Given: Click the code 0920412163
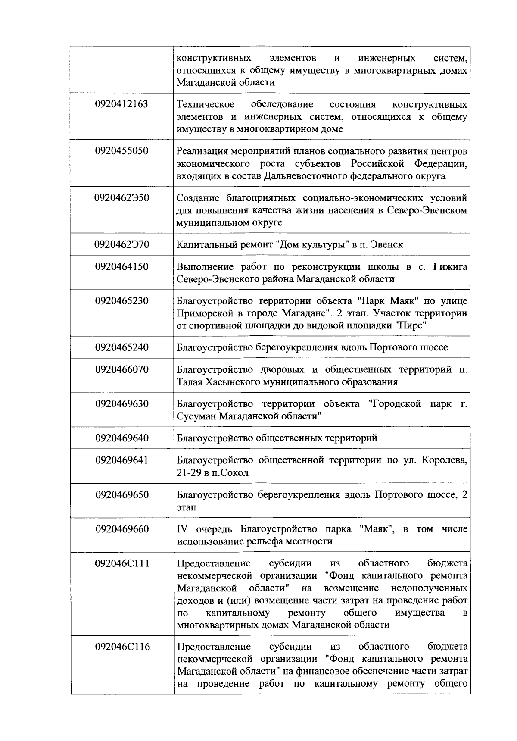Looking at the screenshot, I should (x=122, y=104).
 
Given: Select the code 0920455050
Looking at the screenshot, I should (x=122, y=151).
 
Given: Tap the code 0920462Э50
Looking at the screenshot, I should (x=122, y=198).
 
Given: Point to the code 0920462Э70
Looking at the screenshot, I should (x=122, y=244).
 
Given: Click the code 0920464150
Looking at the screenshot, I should (x=122, y=266).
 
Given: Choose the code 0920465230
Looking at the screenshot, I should (x=122, y=300).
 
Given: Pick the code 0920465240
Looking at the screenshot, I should (x=122, y=347).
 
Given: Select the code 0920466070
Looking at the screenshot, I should (x=122, y=369).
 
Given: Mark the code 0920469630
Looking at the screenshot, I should (x=122, y=404).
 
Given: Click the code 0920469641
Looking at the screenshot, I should (x=122, y=460).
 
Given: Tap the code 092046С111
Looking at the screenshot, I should (x=122, y=563).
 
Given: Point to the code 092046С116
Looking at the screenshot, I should (x=122, y=647).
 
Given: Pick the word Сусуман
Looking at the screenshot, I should (x=196, y=416).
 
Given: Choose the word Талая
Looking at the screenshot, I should (x=189, y=382).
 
